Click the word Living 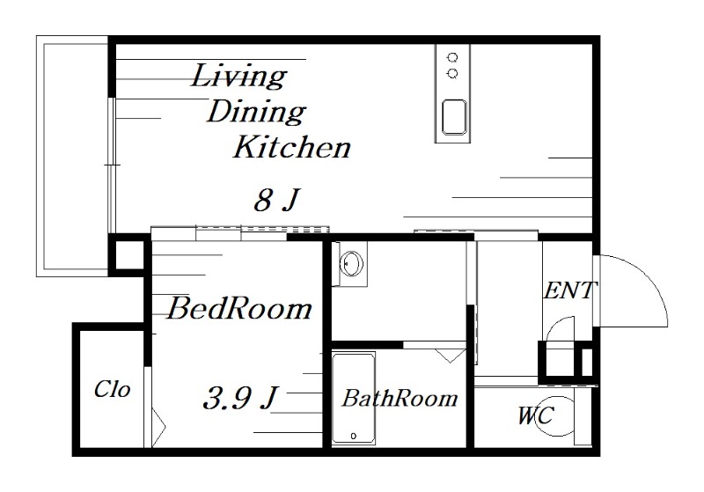(238, 77)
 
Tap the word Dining (256, 112)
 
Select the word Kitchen (291, 146)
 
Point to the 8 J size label (276, 200)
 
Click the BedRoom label (239, 308)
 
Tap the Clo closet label (113, 389)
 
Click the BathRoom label (400, 398)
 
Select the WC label (536, 415)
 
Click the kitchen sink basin (453, 117)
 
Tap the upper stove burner (453, 57)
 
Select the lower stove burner (453, 73)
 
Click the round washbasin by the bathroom (351, 263)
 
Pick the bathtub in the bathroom (354, 399)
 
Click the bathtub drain (354, 436)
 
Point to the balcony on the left (73, 156)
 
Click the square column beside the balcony (129, 254)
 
